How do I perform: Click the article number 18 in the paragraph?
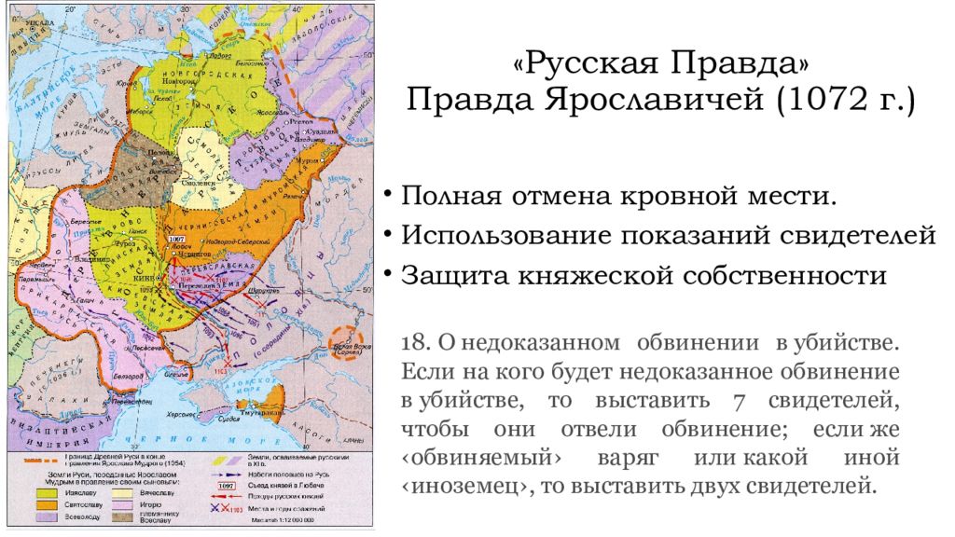click(412, 344)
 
